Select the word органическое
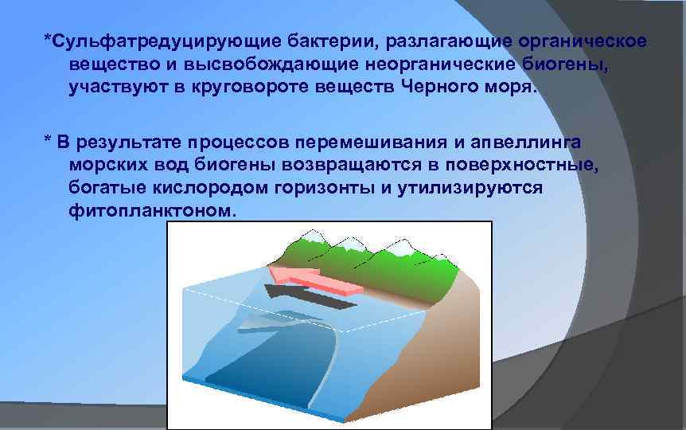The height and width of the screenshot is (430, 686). tap(582, 40)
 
